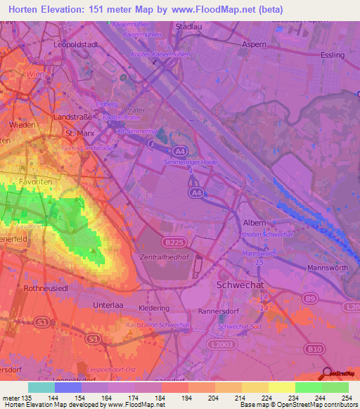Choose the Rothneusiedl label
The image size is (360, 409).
pos(46,288)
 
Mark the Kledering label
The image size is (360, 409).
pos(154,308)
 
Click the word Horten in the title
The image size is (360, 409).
pos(26,8)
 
